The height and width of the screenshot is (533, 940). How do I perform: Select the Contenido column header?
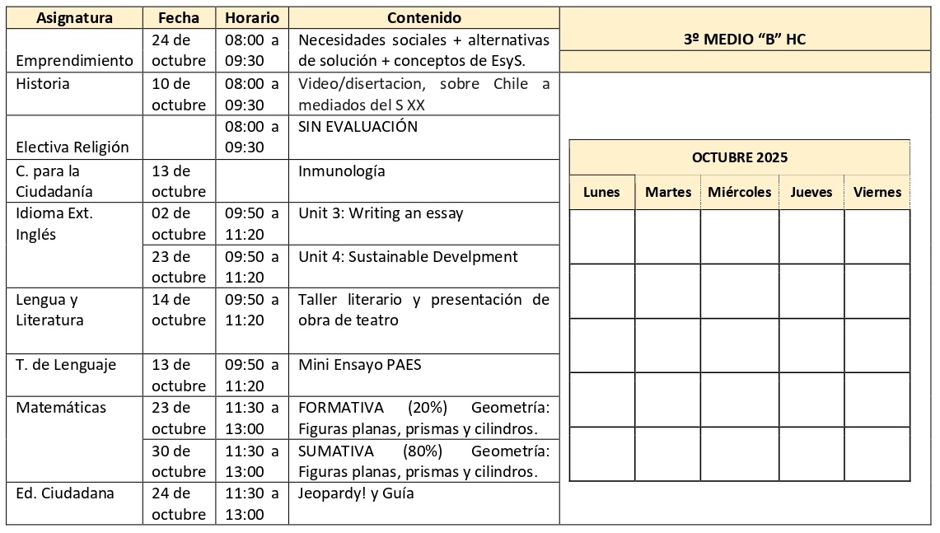coord(423,17)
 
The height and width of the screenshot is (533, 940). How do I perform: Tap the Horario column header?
coord(251,17)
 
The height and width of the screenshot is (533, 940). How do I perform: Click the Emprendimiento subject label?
coord(74,61)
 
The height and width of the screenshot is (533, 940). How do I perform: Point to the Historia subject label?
coord(43,83)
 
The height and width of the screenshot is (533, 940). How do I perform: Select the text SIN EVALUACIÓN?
coord(358,127)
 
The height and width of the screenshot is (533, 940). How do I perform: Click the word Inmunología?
coord(341,171)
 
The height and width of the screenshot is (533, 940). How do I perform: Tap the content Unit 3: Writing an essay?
coord(381,213)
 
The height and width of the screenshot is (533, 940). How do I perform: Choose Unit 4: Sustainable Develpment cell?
coord(408,256)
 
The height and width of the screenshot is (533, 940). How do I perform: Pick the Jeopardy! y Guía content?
coord(356,493)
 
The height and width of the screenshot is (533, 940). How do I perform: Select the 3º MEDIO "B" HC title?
coord(744,39)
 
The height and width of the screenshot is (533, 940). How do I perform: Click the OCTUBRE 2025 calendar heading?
coord(739,157)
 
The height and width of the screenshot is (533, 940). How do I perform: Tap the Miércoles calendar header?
coord(739,192)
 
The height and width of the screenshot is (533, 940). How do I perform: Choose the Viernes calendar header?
coord(877,192)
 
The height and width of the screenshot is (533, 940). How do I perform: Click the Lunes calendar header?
coord(601,192)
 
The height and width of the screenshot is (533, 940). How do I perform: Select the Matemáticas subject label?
coord(61,407)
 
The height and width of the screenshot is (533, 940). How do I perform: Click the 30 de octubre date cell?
coord(179,461)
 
